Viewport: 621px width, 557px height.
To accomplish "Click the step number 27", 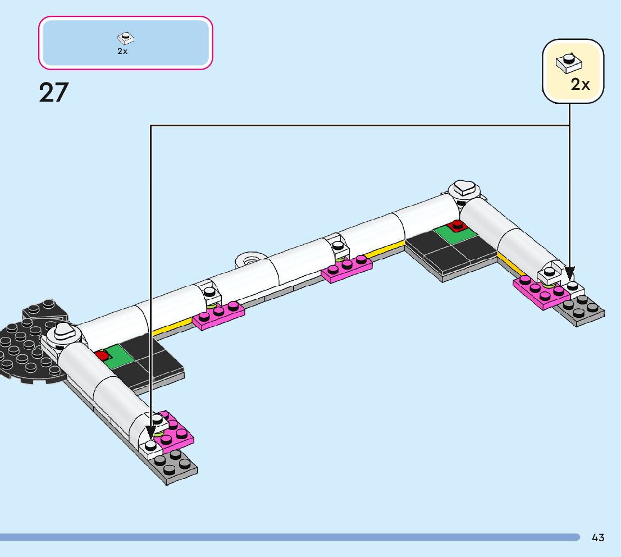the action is click(54, 92).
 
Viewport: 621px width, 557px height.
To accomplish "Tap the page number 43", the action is click(597, 537).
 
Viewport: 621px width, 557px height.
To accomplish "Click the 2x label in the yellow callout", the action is click(580, 84).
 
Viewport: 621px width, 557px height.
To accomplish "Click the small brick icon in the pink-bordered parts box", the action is click(126, 38).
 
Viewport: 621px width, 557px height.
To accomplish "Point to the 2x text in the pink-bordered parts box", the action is click(122, 51).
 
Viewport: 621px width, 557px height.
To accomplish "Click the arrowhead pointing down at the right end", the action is click(569, 274).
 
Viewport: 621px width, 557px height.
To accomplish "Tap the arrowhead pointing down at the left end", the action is click(150, 432).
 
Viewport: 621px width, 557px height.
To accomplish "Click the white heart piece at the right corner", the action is click(464, 188).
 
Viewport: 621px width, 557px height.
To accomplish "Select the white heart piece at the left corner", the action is click(63, 331).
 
